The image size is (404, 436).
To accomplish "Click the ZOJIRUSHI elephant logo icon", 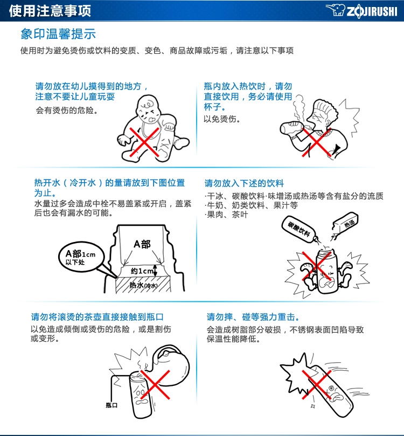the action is pos(336,10).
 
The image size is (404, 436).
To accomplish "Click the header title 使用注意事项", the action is pos(50,11).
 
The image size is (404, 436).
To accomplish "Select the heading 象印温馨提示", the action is pos(58,34).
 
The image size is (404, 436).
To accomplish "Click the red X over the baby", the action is pos(144,142).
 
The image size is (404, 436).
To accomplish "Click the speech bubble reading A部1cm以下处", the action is pos(81,257).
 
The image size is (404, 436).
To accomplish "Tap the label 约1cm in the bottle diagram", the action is pos(142,271).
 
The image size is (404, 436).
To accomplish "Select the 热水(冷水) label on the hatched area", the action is pos(143,285).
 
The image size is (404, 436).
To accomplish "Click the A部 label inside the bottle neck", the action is pos(142,244).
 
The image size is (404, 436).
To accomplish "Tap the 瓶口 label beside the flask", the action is pos(112,405).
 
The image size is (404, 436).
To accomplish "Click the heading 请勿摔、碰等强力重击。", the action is pos(253,317).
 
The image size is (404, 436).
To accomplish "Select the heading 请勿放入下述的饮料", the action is pos(244,183).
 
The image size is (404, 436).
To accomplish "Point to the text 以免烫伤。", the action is pos(222,119).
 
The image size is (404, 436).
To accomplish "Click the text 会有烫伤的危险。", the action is pos(67,110).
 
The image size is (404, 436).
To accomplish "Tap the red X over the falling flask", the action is pos(317,384).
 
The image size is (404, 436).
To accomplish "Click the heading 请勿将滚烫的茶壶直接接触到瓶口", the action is pos(97,317).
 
